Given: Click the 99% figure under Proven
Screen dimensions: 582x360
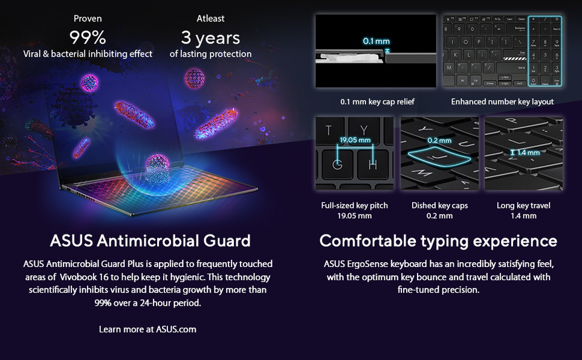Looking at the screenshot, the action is point(88,37).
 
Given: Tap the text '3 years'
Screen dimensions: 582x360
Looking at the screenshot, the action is point(210,38).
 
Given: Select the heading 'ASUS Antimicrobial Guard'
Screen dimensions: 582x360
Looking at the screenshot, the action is point(150,240).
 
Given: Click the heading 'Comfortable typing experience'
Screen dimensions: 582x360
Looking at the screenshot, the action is point(438,241).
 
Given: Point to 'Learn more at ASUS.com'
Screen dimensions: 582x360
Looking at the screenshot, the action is point(147,329).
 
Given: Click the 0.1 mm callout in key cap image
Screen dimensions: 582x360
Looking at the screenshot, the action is point(377,41).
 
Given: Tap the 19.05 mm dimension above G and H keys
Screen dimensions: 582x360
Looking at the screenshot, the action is point(355,140).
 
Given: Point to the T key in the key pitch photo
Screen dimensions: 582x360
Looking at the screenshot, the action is point(329,130).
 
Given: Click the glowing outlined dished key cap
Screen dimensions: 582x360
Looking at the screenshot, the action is point(439,156).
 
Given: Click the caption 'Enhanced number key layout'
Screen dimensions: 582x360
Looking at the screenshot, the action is point(502,101).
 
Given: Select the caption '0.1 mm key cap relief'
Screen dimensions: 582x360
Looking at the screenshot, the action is point(377,101).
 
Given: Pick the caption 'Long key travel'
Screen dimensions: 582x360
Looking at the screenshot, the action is point(523,205).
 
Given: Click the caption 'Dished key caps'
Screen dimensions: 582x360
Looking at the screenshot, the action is point(439,205).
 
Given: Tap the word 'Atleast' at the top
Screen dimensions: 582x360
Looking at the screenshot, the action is point(210,19).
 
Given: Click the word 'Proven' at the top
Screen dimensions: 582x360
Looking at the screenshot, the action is point(88,19).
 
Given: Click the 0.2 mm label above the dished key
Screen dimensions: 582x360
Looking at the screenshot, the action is point(439,140).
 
